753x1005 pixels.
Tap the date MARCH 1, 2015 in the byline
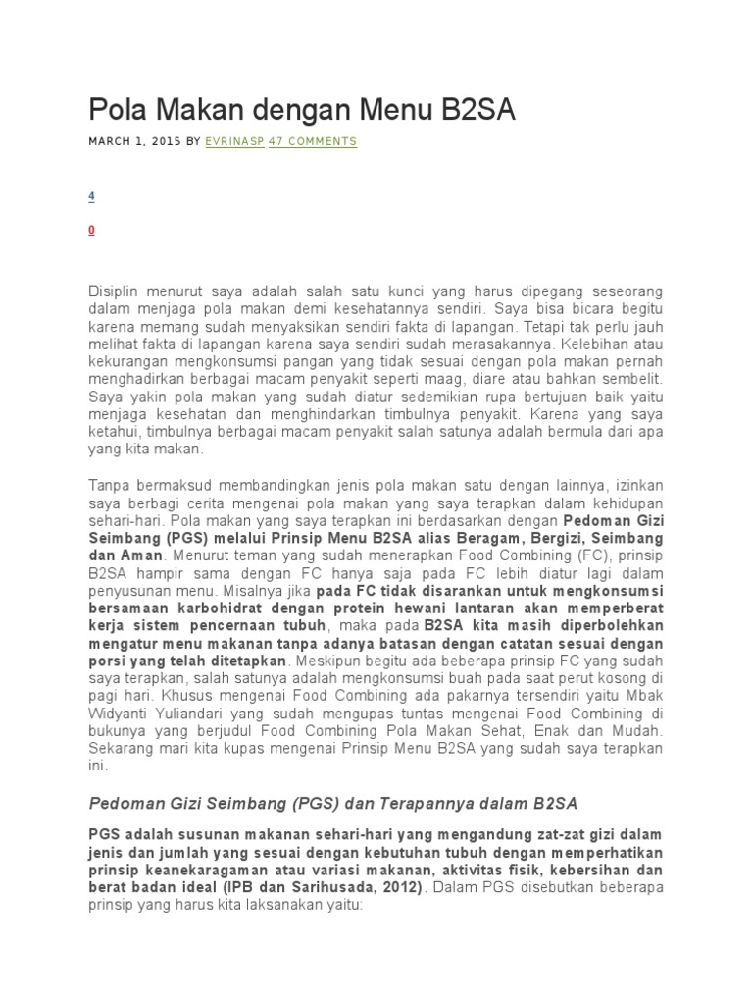click(x=134, y=142)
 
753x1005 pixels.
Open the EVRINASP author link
click(x=233, y=142)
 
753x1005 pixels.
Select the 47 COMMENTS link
click(x=313, y=142)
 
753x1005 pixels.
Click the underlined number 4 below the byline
click(x=91, y=196)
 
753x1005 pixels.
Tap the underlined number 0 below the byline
click(x=91, y=230)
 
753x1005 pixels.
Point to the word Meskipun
click(x=327, y=661)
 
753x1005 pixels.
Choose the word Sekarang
click(x=123, y=747)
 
